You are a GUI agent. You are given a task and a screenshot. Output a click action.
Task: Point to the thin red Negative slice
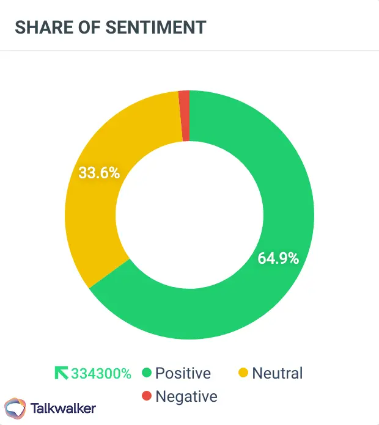point(184,116)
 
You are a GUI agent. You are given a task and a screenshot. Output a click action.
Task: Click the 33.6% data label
point(99,173)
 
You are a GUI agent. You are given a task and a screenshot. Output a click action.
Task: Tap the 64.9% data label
point(278,258)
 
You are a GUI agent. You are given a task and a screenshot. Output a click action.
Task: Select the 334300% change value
point(101,373)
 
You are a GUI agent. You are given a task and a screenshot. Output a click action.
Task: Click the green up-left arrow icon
point(62,373)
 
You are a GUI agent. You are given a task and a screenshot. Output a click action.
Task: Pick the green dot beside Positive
point(146,373)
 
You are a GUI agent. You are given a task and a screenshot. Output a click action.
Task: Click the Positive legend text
point(183,373)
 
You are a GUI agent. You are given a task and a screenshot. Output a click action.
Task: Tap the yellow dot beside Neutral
point(243,373)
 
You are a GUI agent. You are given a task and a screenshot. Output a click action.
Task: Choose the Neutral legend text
point(277,373)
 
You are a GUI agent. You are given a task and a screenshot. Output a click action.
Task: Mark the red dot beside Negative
point(146,396)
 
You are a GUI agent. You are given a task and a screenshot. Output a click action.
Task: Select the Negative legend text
point(186,396)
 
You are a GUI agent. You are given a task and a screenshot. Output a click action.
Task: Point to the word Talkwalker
point(63,408)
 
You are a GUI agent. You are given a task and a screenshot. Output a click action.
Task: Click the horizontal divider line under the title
point(189,51)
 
